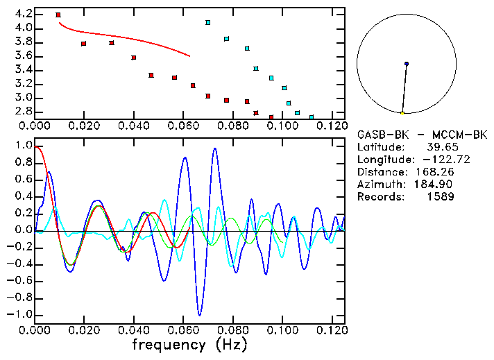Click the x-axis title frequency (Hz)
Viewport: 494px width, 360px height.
click(x=189, y=345)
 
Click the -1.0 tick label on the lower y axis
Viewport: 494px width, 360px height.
click(x=21, y=314)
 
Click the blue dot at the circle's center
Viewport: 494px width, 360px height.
click(x=407, y=64)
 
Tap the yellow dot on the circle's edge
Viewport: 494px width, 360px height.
click(x=402, y=113)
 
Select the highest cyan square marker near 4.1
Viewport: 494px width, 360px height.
click(x=207, y=23)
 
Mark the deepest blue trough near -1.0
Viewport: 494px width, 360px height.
click(x=200, y=314)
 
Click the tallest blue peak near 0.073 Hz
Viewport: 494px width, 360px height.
click(x=215, y=148)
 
